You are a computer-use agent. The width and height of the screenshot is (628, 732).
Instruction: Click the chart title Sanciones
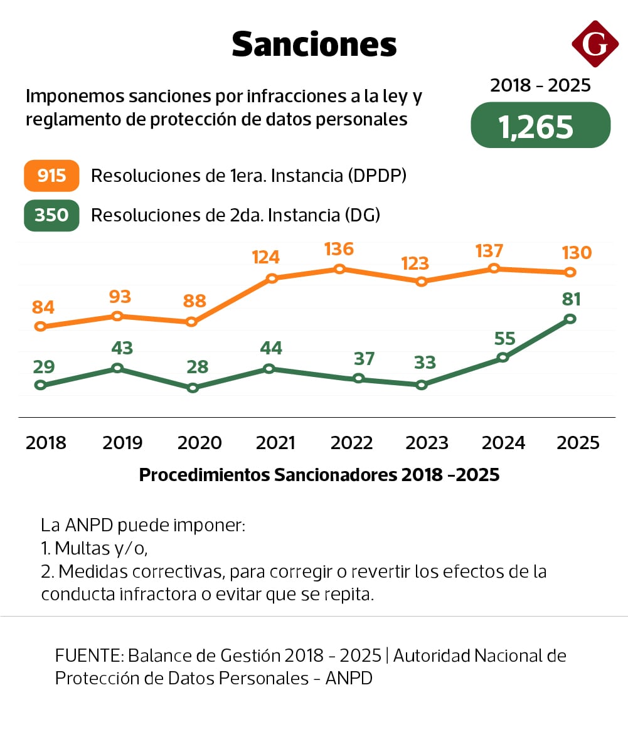(x=314, y=45)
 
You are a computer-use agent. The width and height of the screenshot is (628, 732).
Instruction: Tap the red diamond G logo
(x=595, y=43)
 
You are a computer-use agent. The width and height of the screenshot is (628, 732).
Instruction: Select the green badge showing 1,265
(x=540, y=126)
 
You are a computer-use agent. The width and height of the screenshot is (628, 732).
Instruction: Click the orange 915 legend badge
(x=51, y=176)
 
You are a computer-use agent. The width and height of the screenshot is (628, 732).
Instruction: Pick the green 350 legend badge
(x=51, y=215)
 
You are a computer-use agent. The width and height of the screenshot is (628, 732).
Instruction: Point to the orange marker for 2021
(x=272, y=278)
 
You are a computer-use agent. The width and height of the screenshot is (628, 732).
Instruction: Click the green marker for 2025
(x=570, y=319)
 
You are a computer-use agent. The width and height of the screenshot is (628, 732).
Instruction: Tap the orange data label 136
(x=339, y=249)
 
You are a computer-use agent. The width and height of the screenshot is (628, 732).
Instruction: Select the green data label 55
(x=504, y=339)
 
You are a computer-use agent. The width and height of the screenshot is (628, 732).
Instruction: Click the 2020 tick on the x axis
(x=200, y=443)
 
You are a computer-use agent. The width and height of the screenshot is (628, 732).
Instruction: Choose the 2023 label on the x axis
(x=427, y=443)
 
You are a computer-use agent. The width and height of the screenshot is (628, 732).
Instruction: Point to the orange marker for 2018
(x=41, y=326)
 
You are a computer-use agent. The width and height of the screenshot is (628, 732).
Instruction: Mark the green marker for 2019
(x=117, y=368)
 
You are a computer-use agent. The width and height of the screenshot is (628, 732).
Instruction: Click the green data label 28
(x=197, y=367)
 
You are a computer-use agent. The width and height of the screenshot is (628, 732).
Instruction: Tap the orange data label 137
(x=489, y=251)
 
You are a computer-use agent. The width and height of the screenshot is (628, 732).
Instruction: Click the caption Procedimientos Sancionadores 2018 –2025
(x=319, y=475)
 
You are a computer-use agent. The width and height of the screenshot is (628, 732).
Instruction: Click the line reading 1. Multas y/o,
(x=94, y=548)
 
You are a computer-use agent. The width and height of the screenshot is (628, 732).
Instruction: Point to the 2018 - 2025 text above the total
(x=540, y=85)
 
